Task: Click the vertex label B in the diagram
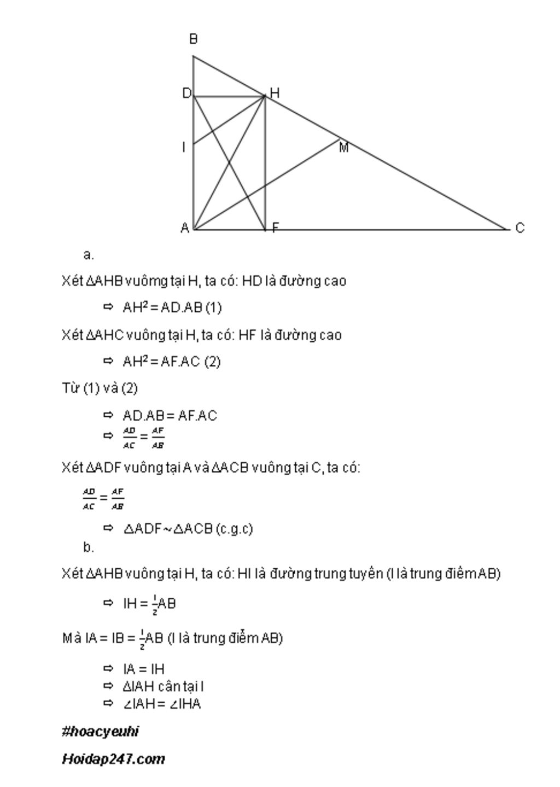tap(193, 39)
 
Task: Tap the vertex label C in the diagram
tap(520, 228)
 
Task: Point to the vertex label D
tap(186, 94)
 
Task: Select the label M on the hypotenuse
tap(343, 148)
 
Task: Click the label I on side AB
tap(184, 147)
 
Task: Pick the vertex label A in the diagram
tap(185, 228)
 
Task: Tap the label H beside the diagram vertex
tap(275, 94)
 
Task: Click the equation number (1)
tap(213, 307)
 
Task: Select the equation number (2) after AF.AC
tap(212, 362)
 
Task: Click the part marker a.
tap(89, 254)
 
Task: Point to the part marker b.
tap(89, 547)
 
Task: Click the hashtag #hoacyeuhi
tap(100, 732)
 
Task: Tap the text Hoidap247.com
tap(113, 759)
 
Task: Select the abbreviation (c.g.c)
tap(235, 529)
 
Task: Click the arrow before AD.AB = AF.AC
tap(108, 416)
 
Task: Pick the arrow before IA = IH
tap(108, 669)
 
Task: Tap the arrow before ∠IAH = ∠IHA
tap(108, 704)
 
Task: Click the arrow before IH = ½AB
tap(108, 603)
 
